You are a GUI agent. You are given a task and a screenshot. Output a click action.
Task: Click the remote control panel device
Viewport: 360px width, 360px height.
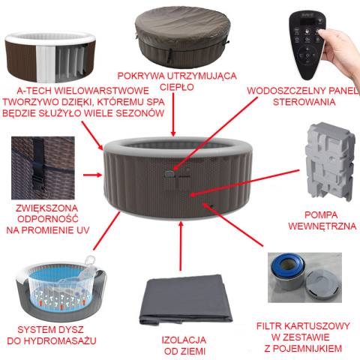[307, 43]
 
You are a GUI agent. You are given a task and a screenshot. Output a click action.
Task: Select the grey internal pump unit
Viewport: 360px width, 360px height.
[329, 161]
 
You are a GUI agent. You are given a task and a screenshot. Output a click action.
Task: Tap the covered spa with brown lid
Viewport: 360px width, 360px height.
[182, 37]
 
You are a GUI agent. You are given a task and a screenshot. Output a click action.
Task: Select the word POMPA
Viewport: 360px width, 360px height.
[321, 215]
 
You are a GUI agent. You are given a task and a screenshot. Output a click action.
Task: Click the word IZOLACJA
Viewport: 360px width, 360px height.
[184, 340]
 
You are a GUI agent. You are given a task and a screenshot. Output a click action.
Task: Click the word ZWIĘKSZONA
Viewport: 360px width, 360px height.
[46, 208]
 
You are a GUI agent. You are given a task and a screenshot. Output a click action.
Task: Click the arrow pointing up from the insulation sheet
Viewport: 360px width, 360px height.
[181, 246]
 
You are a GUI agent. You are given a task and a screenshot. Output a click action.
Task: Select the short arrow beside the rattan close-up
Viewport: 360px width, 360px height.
[92, 175]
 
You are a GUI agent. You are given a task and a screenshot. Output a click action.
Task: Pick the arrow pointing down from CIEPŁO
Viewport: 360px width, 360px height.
[173, 115]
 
